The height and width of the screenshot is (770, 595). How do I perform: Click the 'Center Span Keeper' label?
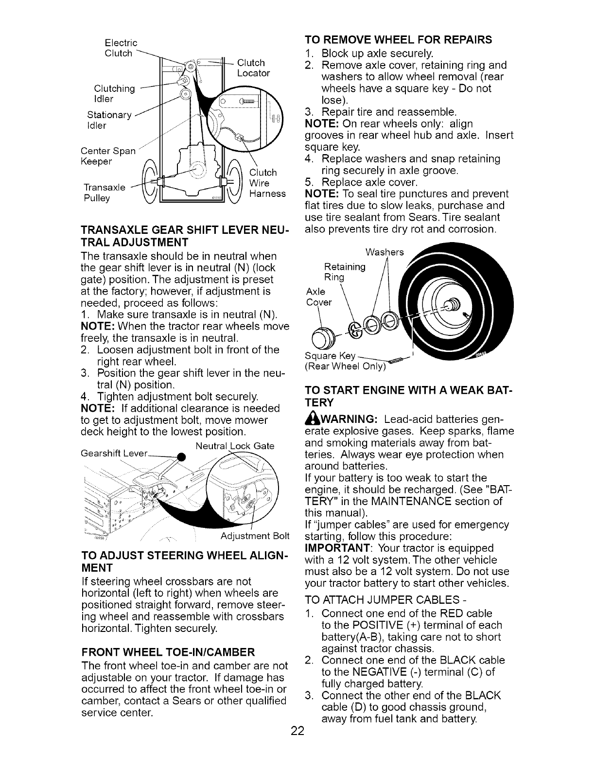[x=108, y=156]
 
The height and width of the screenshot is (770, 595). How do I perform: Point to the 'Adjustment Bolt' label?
[x=255, y=536]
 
